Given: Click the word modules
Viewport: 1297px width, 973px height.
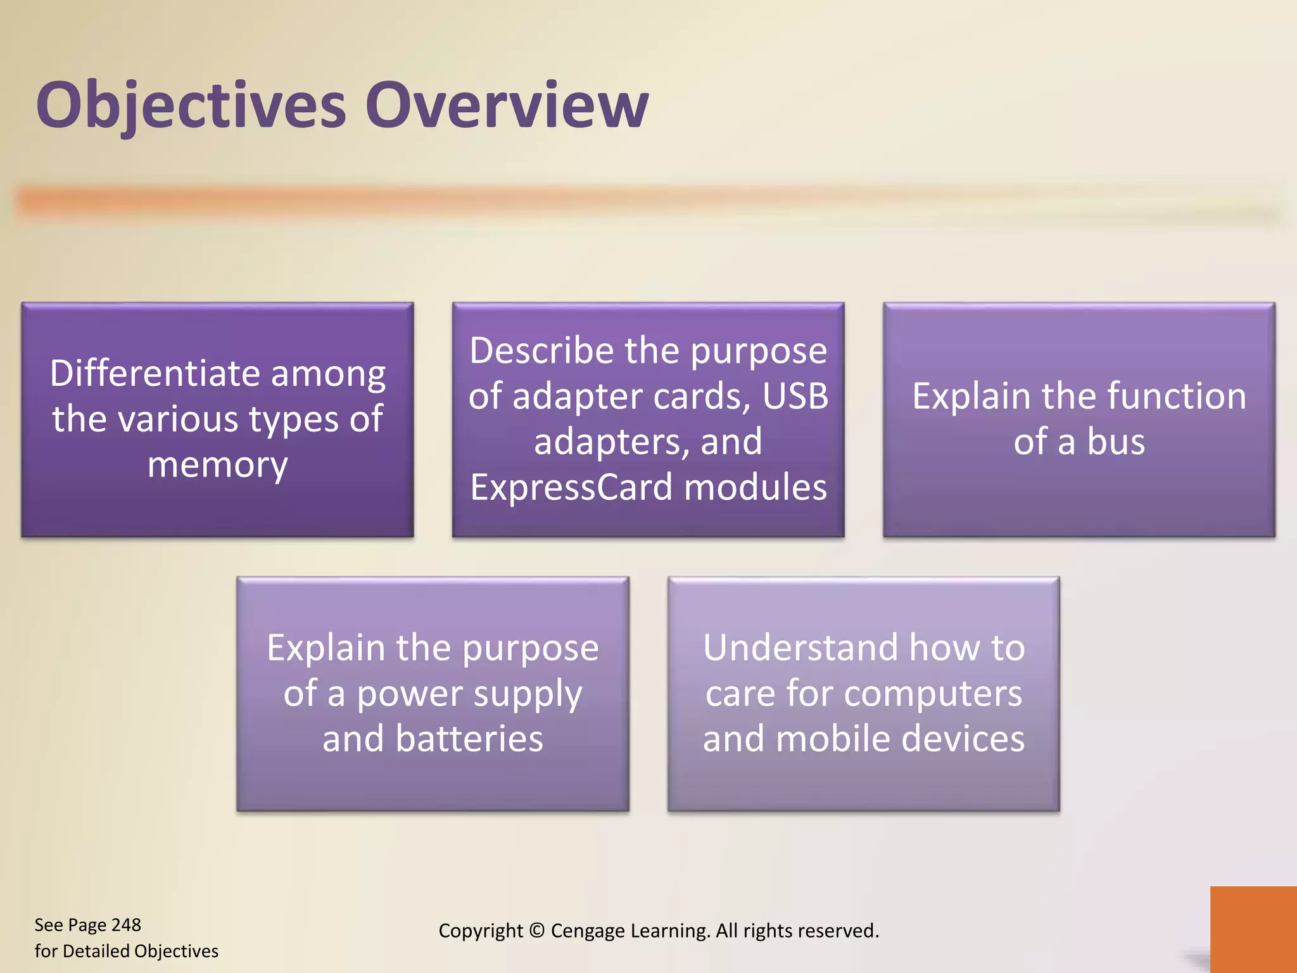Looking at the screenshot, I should pyautogui.click(x=755, y=487).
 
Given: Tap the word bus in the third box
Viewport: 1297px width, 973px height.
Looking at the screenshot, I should pyautogui.click(x=1116, y=442).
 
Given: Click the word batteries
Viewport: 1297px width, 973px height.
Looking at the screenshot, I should pyautogui.click(x=469, y=739).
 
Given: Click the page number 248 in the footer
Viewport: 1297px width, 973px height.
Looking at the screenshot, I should pyautogui.click(x=126, y=925).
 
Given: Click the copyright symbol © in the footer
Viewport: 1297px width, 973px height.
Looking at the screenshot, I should pyautogui.click(x=536, y=931).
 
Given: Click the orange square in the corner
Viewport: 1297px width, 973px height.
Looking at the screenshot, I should pyautogui.click(x=1253, y=929).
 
